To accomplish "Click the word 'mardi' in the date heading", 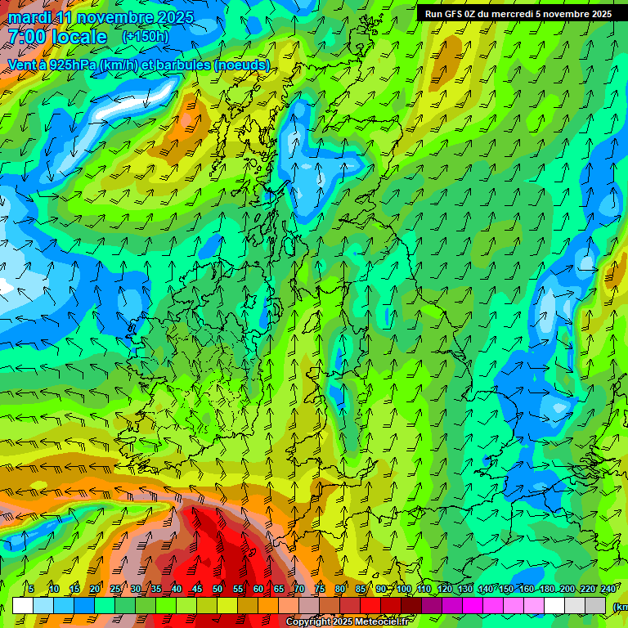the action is [29, 17].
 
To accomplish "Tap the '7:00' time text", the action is [26, 37].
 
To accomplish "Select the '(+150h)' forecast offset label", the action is [146, 36].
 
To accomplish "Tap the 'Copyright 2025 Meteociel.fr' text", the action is [347, 622].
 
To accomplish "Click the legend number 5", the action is [31, 589].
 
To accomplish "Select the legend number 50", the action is [218, 589].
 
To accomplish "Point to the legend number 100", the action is [404, 589].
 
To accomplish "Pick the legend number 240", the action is [608, 589].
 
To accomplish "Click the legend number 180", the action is [547, 589].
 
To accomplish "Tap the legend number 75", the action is [320, 589].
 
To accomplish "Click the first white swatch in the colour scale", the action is [23, 605].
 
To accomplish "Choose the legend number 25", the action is [115, 589].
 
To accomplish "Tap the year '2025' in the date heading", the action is [175, 17].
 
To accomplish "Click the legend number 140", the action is [486, 589].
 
